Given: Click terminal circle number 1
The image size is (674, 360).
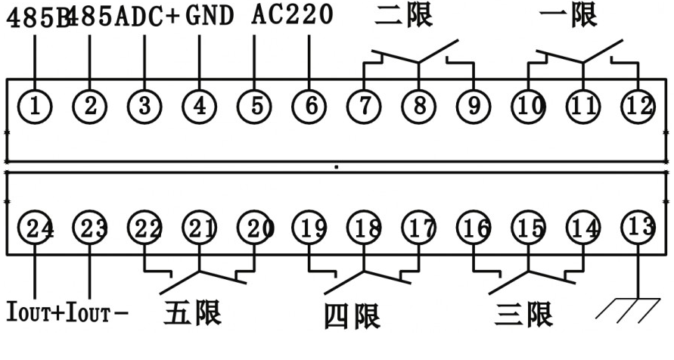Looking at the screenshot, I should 35,106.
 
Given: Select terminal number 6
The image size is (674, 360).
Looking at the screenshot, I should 310,106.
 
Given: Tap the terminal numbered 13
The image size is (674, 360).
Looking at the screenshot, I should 637,227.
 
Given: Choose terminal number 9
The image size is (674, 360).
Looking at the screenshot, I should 474,106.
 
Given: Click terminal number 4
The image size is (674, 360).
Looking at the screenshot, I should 200,106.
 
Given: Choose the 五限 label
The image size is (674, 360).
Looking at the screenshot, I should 192,312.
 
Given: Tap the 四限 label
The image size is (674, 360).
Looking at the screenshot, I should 352,316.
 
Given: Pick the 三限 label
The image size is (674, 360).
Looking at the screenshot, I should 523,313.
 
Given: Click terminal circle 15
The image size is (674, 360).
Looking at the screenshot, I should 528,228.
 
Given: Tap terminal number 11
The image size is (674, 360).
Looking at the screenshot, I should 583,106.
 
